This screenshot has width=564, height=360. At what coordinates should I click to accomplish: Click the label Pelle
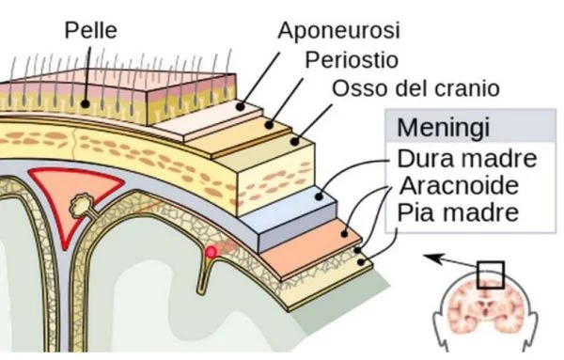(91, 29)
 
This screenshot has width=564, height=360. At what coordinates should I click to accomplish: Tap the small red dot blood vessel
(212, 252)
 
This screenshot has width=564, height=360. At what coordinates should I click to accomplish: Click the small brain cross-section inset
(489, 305)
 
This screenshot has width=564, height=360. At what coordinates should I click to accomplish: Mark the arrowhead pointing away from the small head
(428, 255)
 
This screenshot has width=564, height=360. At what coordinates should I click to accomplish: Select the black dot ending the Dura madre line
(320, 197)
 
